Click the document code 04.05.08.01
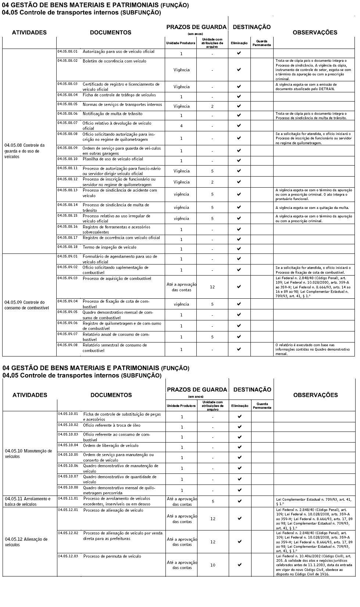click(x=67, y=52)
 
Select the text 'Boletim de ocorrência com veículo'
click(x=114, y=61)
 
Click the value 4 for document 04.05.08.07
click(x=181, y=126)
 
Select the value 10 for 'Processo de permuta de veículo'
click(x=213, y=565)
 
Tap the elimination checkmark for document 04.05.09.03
click(x=239, y=287)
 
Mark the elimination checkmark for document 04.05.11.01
click(x=240, y=501)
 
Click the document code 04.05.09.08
click(x=67, y=345)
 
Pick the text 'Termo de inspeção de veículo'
click(x=109, y=247)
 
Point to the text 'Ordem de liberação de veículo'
click(x=111, y=446)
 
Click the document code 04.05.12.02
click(x=68, y=533)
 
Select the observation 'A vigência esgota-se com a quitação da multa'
click(x=312, y=208)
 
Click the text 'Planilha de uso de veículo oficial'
click(x=113, y=159)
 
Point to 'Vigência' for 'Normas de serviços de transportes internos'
click(x=181, y=106)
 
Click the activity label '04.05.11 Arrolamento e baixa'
click(x=28, y=501)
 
